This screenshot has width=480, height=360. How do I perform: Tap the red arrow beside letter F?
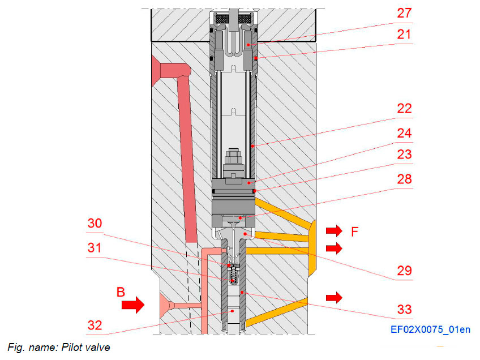pyautogui.click(x=334, y=230)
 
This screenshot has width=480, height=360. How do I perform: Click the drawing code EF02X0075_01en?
pyautogui.click(x=430, y=329)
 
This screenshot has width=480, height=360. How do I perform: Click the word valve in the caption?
pyautogui.click(x=96, y=347)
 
